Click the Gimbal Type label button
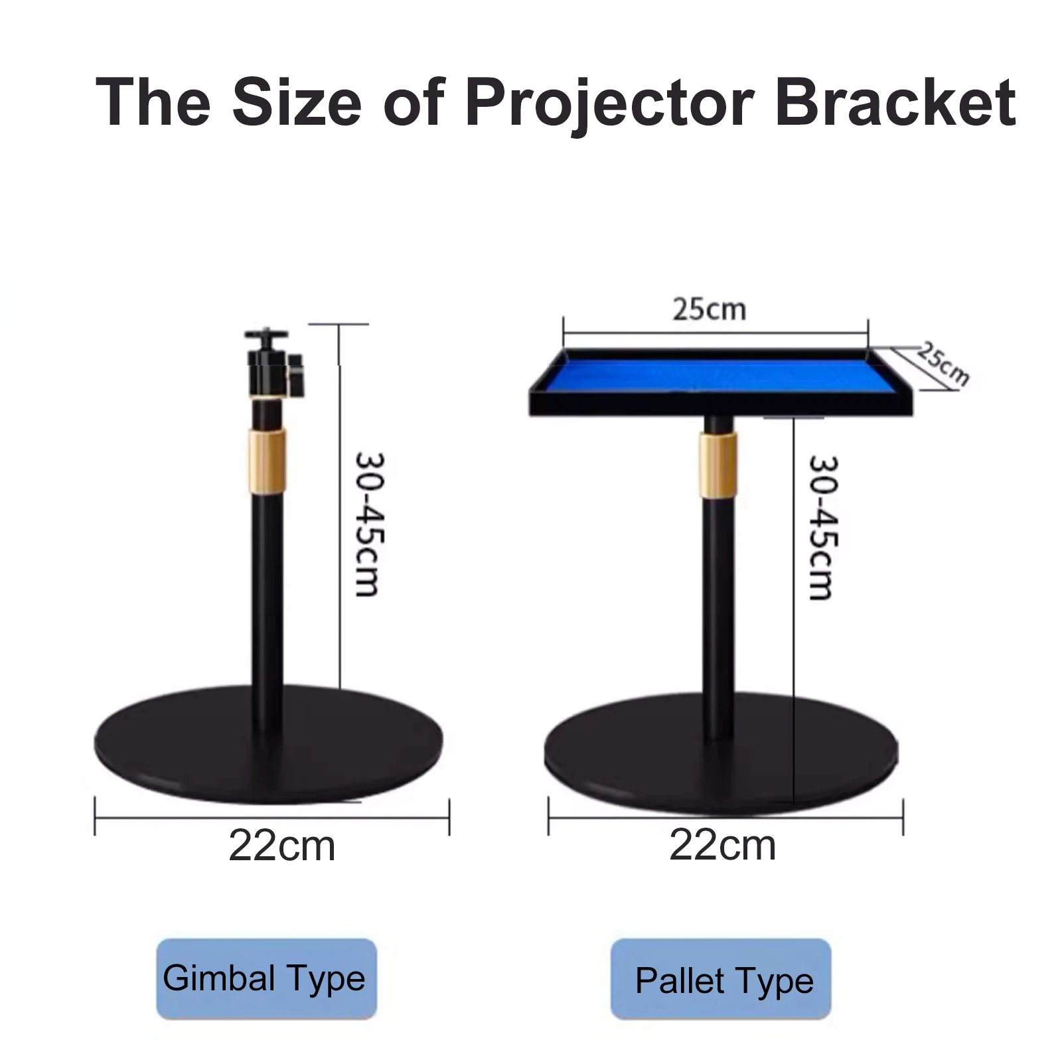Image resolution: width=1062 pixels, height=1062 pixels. (x=266, y=978)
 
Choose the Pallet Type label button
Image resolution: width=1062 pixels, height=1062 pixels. (x=721, y=980)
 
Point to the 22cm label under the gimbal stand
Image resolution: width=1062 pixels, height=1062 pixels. (x=282, y=846)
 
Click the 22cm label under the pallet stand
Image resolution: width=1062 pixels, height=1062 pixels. (x=722, y=846)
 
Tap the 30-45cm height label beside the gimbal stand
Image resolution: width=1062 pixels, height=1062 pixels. (x=368, y=524)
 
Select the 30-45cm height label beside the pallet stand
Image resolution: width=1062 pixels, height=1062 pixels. (x=822, y=528)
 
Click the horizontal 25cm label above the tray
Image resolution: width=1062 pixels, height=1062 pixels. (x=710, y=309)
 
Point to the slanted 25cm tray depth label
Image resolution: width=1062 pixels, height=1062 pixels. (x=943, y=364)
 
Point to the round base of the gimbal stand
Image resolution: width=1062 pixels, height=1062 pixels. (x=269, y=743)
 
